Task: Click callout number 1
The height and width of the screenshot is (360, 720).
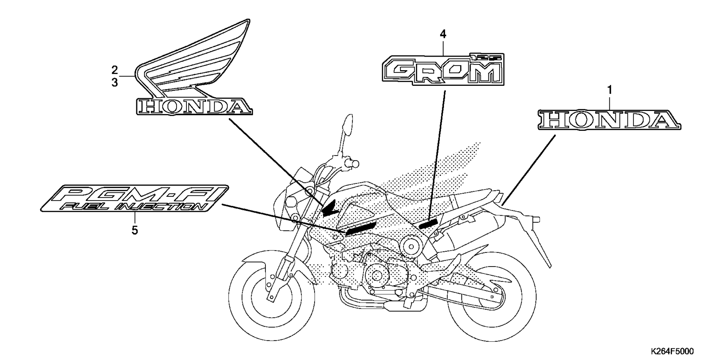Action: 609,90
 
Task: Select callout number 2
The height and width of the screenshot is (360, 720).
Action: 115,70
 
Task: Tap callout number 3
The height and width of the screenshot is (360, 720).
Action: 115,82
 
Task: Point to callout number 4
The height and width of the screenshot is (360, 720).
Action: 443,34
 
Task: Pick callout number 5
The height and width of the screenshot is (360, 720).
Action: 135,230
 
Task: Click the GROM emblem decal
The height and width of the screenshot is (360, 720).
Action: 442,70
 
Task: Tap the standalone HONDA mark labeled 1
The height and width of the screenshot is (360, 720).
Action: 609,120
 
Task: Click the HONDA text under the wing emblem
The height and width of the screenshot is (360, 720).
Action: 193,106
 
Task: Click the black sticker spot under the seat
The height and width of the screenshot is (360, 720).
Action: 428,223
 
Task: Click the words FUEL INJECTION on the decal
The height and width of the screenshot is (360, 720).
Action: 133,207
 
